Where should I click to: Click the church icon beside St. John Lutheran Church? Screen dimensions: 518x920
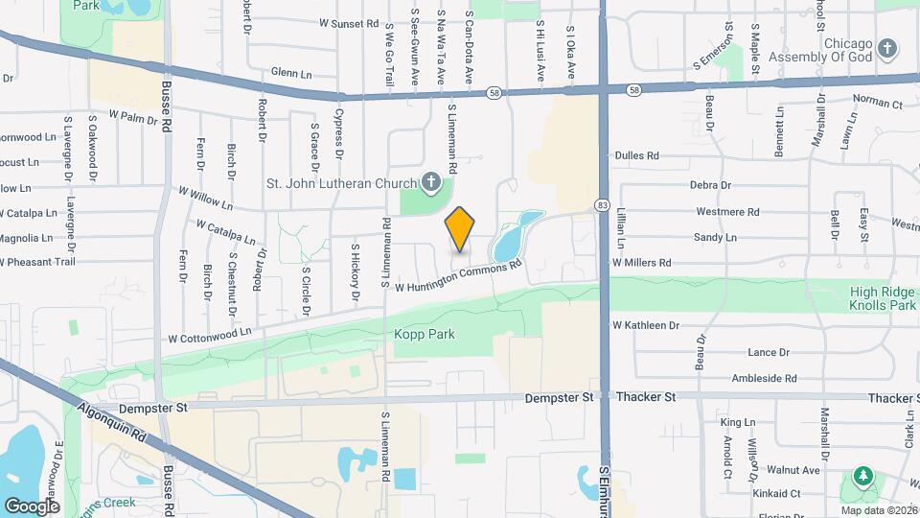431,182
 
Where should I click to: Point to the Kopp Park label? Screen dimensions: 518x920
425,334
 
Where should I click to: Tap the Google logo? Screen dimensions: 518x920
32,506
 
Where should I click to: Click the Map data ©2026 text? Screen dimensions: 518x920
879,510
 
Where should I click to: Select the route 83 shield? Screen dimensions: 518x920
602,204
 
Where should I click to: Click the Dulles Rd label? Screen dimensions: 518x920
636,154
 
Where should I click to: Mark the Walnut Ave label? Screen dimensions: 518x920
797,470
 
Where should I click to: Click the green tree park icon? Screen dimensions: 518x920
862,476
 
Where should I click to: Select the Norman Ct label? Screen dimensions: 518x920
877,100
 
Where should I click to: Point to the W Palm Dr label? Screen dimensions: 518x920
132,118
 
